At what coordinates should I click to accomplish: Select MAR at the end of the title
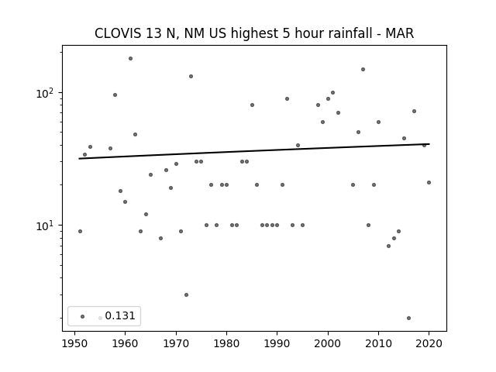pos(400,33)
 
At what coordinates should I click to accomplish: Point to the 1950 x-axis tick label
pos(74,343)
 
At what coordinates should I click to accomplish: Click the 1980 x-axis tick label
pos(226,343)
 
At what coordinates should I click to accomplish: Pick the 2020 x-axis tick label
pos(429,343)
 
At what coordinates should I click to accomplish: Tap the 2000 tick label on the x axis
pos(328,343)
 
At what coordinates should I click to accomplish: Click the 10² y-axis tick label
pos(46,93)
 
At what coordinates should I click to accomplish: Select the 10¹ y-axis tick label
pos(46,226)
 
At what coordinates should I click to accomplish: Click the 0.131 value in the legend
pos(120,315)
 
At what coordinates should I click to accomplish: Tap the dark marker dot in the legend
pos(83,316)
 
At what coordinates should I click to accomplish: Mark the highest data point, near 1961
pos(130,59)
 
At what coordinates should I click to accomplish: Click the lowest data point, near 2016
pos(408,318)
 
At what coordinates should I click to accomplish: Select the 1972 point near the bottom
pos(186,294)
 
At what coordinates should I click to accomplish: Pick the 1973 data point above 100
pos(191,76)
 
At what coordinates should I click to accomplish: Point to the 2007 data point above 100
pos(363,69)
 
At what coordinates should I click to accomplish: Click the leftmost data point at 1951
pos(80,231)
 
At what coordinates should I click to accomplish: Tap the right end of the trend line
pos(429,144)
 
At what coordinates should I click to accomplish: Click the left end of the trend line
pos(79,158)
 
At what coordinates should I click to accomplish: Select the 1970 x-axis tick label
pos(176,343)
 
